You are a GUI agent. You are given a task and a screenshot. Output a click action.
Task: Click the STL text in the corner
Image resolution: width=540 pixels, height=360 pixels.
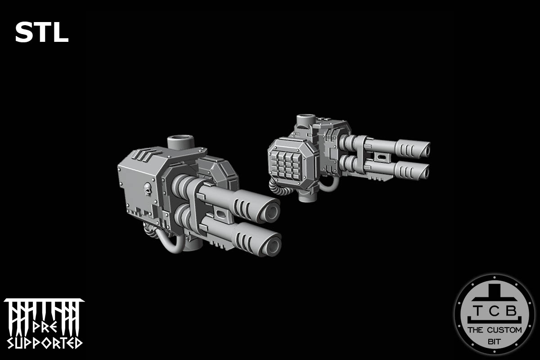click(41, 32)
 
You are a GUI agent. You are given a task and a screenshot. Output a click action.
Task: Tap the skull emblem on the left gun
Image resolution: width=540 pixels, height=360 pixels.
click(147, 189)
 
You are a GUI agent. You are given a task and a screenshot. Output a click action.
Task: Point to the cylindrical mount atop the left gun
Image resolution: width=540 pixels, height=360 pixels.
click(180, 143)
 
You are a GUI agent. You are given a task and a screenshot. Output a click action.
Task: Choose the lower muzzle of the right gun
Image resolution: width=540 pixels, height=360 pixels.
click(423, 171)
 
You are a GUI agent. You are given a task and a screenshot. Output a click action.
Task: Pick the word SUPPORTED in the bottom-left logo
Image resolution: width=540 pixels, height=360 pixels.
click(44, 343)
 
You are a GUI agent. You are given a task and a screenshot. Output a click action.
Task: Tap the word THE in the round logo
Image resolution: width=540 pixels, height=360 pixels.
click(476, 330)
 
